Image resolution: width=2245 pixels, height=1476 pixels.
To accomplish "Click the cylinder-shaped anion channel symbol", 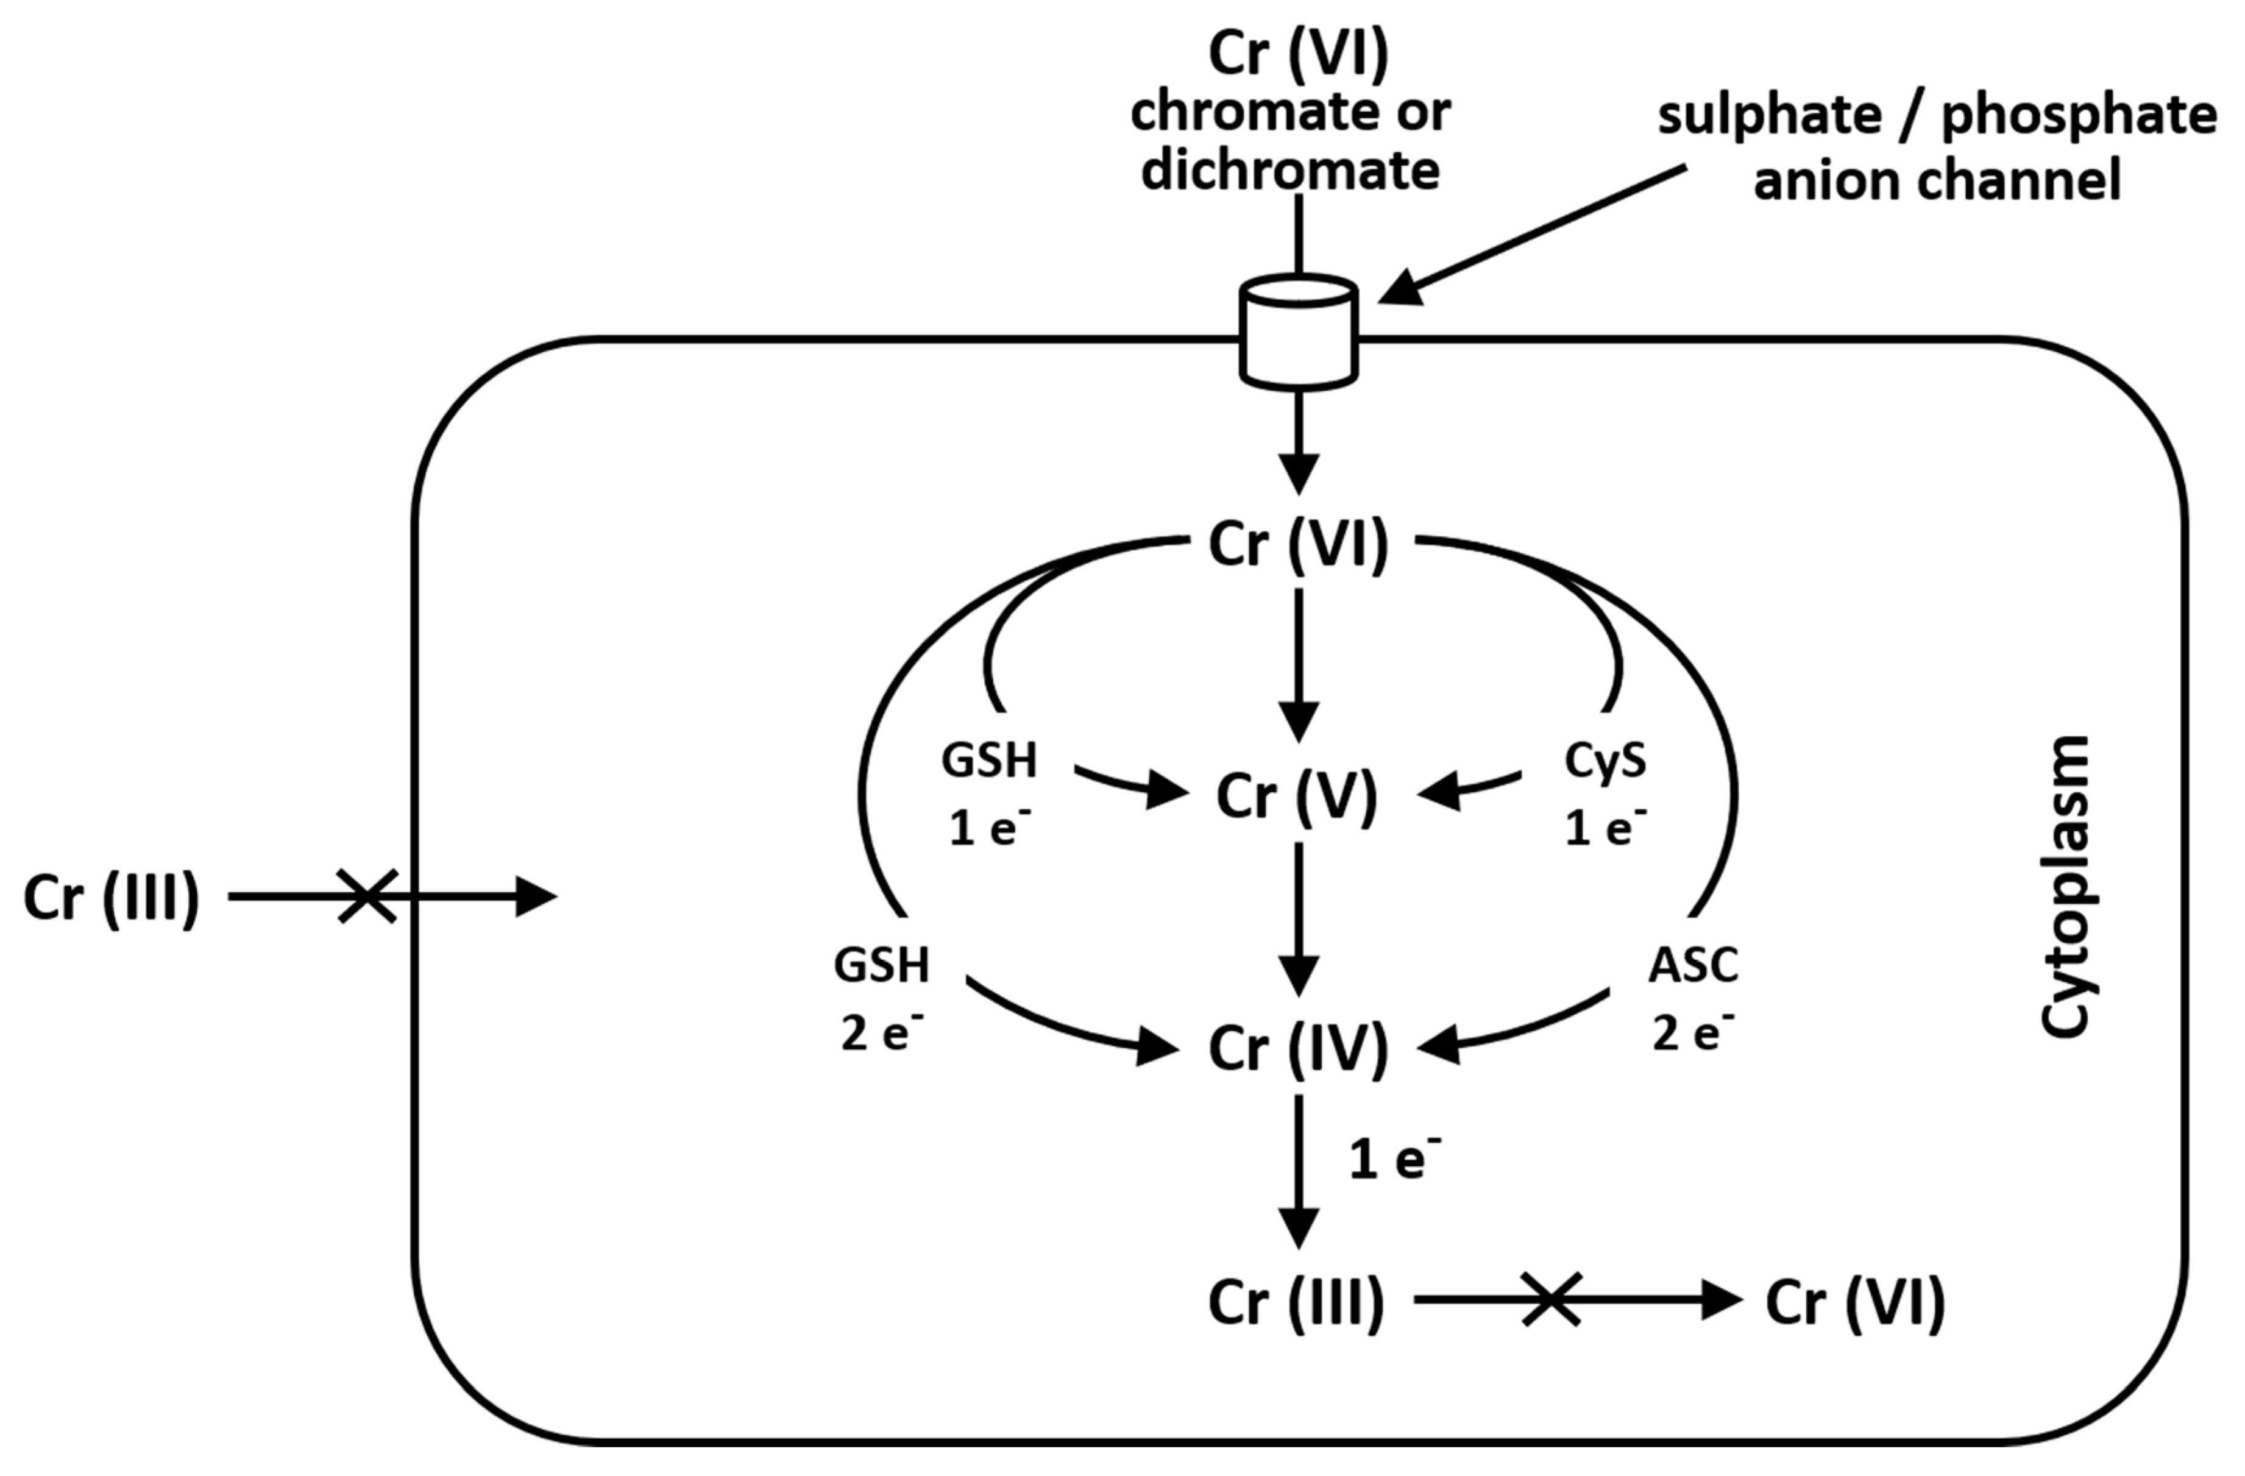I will point(1298,332).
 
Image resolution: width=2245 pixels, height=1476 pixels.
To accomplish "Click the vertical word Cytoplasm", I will point(2066,887).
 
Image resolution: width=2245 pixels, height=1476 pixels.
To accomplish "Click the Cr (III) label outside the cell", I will point(112,898).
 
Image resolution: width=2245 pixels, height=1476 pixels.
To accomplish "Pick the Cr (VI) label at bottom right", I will point(1854,1302).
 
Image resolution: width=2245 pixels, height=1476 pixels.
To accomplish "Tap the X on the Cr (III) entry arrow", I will point(367,896).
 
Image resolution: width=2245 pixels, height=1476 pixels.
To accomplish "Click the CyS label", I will point(1606,760).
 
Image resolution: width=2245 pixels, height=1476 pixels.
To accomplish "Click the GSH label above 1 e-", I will point(988,760).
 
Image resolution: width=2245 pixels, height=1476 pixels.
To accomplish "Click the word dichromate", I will point(1291,171).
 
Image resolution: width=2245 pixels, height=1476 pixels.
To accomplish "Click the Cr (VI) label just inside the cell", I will point(1298,544).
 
